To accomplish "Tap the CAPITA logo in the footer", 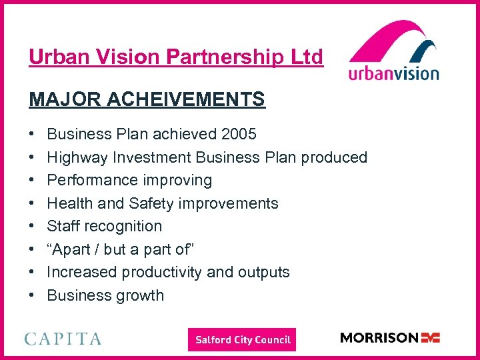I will [63, 339].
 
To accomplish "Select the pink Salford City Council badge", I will [242, 340].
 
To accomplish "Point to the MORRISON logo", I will [390, 338].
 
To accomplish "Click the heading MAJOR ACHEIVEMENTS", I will [147, 100].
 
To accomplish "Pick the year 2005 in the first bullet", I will [238, 134].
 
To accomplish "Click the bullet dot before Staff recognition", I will [32, 227].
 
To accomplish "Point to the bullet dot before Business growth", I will [32, 296].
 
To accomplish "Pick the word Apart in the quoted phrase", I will [74, 249].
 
